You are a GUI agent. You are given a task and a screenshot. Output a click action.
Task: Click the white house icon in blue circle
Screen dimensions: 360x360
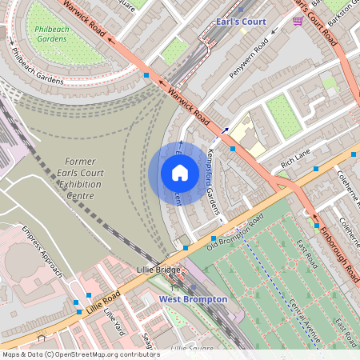click(180, 172)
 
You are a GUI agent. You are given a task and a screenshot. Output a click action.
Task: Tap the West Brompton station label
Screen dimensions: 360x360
click(193, 299)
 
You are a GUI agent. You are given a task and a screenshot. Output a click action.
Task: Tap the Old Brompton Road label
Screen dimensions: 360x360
click(235, 231)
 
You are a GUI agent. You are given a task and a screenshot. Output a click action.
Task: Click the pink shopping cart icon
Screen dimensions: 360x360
click(298, 21)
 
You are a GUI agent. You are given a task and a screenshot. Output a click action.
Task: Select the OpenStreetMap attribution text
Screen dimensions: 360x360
click(80, 354)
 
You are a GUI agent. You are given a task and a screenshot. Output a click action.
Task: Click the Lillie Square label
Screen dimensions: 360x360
click(191, 348)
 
